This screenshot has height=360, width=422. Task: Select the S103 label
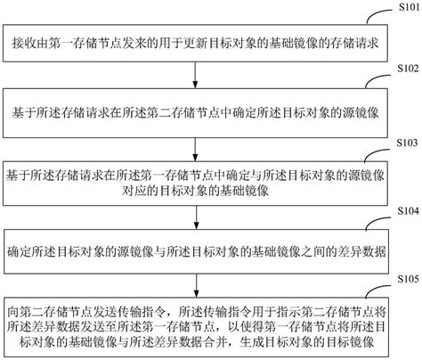coord(400,143)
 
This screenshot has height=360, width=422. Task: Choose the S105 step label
coord(400,278)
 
